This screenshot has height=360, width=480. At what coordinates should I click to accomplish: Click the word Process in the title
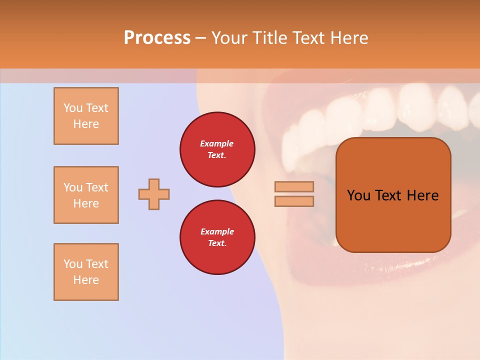click(157, 38)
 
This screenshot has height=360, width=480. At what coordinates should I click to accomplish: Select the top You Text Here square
click(86, 116)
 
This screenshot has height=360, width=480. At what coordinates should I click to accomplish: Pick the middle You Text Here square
click(86, 195)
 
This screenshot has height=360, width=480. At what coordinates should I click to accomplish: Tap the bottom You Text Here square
click(86, 272)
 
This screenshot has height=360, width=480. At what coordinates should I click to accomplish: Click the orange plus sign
click(154, 194)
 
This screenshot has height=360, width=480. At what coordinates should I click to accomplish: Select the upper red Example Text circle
click(217, 149)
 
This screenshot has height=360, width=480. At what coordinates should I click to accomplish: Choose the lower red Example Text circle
click(217, 237)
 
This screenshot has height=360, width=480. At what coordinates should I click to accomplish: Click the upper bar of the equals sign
click(294, 186)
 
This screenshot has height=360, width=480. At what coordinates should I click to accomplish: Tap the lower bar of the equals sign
click(294, 201)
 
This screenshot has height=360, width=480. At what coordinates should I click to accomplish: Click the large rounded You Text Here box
click(393, 195)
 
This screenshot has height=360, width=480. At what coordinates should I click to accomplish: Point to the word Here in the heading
click(350, 38)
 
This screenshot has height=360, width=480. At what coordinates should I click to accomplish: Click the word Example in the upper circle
click(217, 143)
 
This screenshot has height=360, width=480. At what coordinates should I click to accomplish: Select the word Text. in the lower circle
click(217, 243)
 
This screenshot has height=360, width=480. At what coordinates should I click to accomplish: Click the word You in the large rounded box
click(358, 195)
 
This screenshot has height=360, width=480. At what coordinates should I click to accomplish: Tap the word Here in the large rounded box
click(422, 195)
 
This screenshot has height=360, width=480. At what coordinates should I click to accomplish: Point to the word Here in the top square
click(86, 124)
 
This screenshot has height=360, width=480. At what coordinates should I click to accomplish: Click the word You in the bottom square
click(73, 264)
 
